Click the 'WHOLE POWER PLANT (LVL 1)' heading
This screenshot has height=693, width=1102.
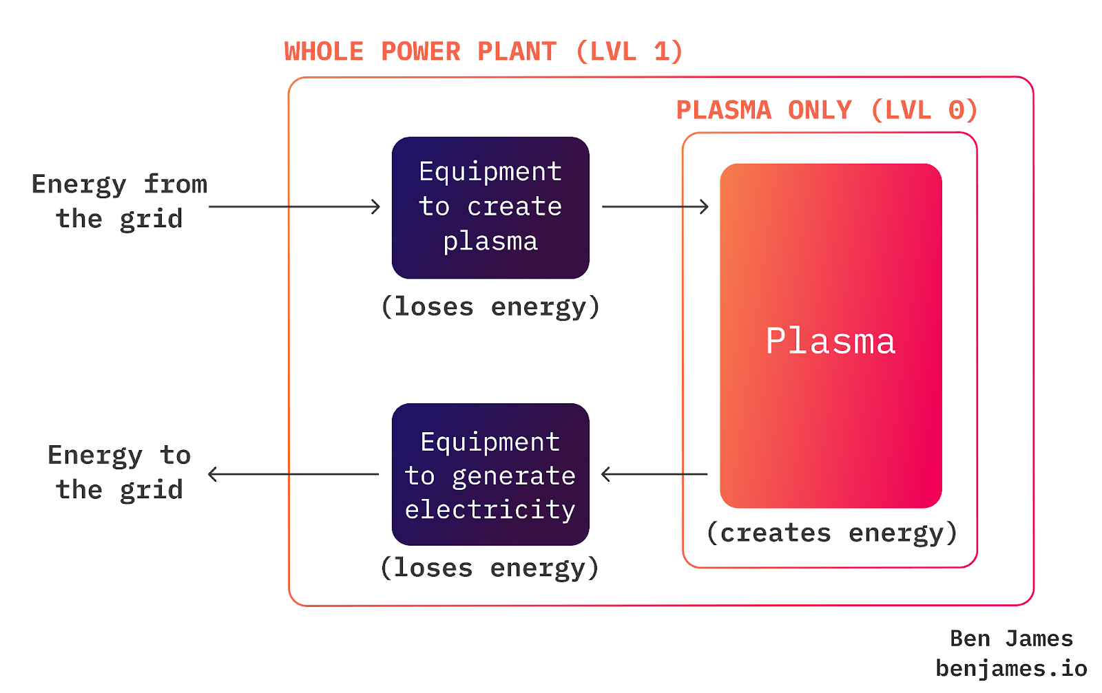tap(484, 52)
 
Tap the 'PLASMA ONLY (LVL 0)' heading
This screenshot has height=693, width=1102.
tap(826, 110)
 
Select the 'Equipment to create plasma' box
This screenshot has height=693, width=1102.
tap(490, 207)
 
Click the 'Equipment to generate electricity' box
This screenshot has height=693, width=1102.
tap(490, 474)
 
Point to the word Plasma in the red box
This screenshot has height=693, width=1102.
tap(831, 341)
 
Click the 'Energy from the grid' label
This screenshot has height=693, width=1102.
tap(119, 201)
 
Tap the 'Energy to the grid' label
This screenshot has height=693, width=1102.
tap(119, 472)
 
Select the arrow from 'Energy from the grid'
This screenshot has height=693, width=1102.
tap(294, 206)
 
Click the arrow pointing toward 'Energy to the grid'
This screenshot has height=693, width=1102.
tap(293, 474)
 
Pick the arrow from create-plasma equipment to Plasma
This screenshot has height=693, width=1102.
tap(655, 206)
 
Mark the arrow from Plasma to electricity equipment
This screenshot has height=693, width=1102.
tap(654, 474)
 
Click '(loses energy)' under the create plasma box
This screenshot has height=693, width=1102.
tap(490, 306)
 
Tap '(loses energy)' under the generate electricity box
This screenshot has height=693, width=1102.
tap(490, 568)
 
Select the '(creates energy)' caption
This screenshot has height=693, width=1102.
tap(832, 533)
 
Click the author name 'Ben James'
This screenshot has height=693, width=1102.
tap(1011, 639)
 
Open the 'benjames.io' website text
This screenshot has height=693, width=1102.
tap(1011, 668)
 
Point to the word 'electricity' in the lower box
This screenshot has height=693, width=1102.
tap(490, 510)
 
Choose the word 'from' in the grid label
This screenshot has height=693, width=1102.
tap(176, 184)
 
